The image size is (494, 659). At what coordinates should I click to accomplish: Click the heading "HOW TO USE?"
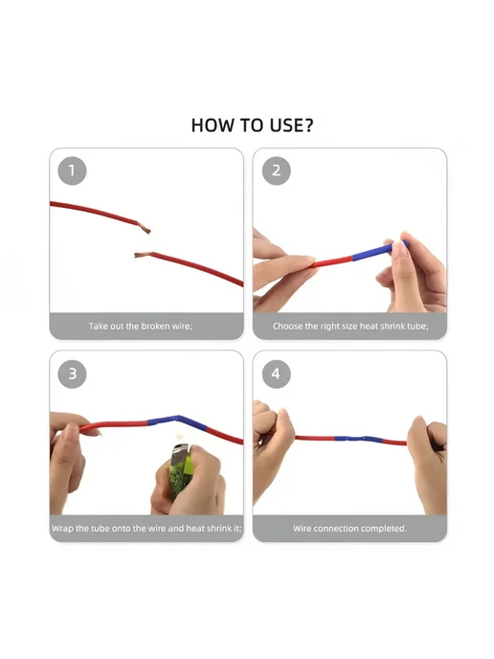(x=252, y=125)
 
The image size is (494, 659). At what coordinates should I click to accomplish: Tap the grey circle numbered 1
(x=72, y=170)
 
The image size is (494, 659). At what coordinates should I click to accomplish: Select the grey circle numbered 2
(x=276, y=170)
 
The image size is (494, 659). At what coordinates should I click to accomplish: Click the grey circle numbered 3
(x=72, y=374)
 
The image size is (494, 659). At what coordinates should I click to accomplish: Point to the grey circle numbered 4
(x=276, y=374)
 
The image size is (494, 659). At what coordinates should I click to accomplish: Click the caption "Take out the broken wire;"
(x=141, y=326)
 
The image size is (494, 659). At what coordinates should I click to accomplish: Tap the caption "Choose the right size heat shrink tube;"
(x=350, y=326)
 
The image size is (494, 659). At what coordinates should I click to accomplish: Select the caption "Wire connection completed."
(x=350, y=529)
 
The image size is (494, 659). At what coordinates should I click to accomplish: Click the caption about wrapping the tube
(x=146, y=529)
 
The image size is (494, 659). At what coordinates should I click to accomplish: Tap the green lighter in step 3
(x=181, y=470)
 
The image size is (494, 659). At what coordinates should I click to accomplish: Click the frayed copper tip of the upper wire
(x=144, y=228)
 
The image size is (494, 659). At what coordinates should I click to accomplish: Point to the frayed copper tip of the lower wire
(x=142, y=255)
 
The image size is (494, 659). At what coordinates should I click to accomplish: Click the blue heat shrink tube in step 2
(x=379, y=251)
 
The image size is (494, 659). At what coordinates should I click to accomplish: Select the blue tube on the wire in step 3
(x=177, y=420)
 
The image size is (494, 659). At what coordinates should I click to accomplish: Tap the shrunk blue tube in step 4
(x=358, y=440)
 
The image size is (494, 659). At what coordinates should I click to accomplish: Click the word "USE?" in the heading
(x=291, y=125)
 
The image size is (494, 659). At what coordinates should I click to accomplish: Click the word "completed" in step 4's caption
(x=386, y=529)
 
